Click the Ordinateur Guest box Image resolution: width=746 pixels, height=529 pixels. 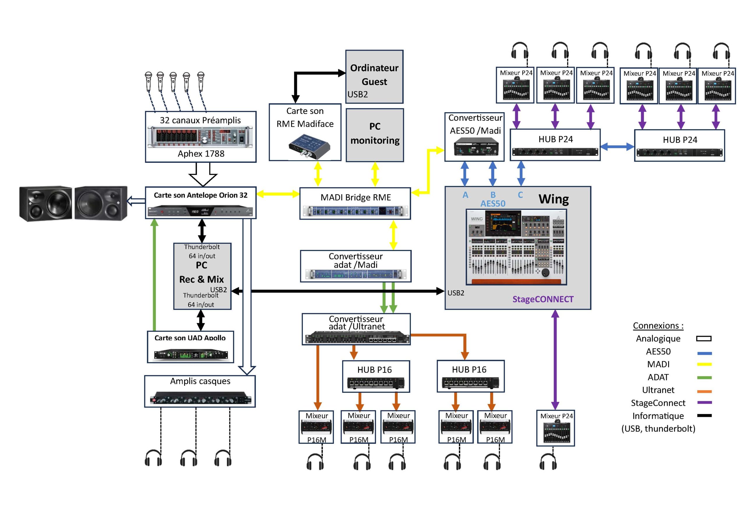[374, 77]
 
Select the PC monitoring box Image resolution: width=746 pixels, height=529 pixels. [375, 135]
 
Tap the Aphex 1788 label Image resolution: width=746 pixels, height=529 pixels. [201, 154]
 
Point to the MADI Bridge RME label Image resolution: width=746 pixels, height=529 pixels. [356, 198]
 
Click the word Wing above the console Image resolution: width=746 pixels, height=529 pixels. [553, 199]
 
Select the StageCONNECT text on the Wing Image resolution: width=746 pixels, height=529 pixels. [543, 299]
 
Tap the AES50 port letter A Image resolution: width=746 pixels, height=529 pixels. [465, 195]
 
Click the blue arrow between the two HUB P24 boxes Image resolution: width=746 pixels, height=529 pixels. [617, 147]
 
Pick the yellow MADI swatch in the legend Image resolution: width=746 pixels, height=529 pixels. [704, 364]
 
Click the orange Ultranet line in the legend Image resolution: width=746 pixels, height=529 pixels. [704, 391]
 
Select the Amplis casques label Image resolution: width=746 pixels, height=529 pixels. [200, 381]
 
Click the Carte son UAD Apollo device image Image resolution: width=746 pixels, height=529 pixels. [191, 354]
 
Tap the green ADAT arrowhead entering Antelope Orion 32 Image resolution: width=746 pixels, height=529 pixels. [155, 223]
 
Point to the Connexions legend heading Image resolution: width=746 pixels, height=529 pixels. [658, 325]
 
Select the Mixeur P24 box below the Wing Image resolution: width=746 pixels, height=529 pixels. [555, 428]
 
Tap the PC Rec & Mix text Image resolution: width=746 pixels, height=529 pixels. [201, 272]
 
